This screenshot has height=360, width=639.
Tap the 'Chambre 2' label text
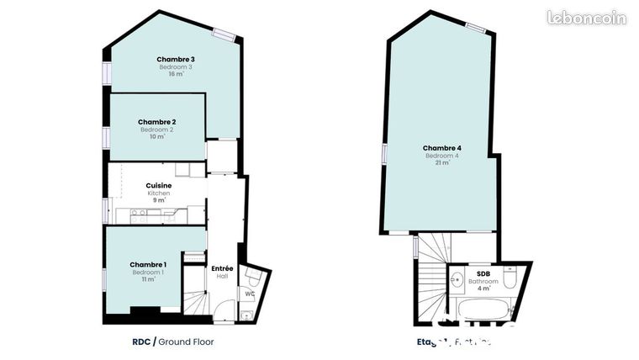pyautogui.click(x=157, y=122)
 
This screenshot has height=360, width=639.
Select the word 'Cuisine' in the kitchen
pyautogui.click(x=159, y=185)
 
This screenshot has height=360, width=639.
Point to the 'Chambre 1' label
pyautogui.click(x=148, y=265)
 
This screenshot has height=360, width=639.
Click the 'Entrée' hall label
pyautogui.click(x=222, y=268)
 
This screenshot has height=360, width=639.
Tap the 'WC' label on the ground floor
pyautogui.click(x=250, y=294)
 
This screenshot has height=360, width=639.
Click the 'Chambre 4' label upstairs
pyautogui.click(x=442, y=148)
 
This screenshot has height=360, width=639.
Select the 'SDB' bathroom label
pyautogui.click(x=483, y=273)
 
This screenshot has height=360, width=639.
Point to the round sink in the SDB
pyautogui.click(x=457, y=281)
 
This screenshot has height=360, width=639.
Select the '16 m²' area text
pyautogui.click(x=176, y=74)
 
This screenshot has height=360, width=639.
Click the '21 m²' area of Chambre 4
pyautogui.click(x=442, y=163)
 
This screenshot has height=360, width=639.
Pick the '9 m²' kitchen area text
pyautogui.click(x=159, y=200)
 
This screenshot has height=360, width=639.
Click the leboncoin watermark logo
pyautogui.click(x=586, y=18)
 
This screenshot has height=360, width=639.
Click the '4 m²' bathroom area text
pyautogui.click(x=483, y=289)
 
